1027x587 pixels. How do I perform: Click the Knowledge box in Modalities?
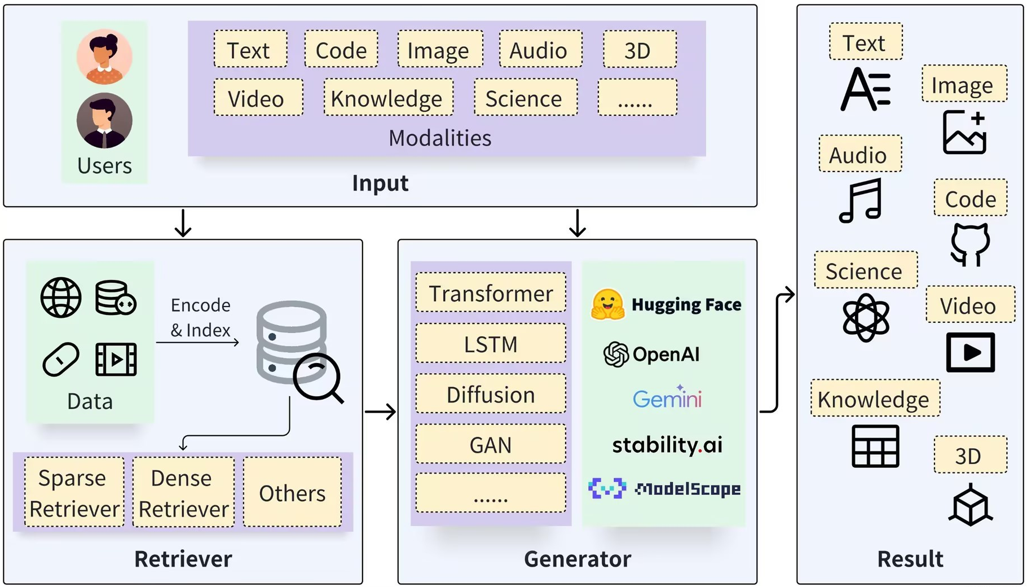[389, 98]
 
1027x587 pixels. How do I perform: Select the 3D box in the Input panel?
[640, 50]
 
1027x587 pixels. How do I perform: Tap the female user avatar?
[104, 56]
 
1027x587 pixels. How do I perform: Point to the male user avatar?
[104, 121]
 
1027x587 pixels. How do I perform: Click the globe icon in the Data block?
[61, 297]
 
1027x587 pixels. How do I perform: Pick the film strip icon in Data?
[116, 359]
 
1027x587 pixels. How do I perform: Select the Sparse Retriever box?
[74, 492]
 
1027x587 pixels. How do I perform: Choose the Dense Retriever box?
[183, 492]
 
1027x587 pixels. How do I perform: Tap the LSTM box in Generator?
[491, 343]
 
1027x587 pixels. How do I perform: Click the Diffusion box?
[491, 393]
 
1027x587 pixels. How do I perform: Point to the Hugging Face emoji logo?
[607, 305]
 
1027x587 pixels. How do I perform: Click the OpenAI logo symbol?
[616, 354]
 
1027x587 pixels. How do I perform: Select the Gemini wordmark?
[667, 397]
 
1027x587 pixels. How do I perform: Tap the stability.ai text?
[667, 445]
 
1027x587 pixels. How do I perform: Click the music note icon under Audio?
[861, 201]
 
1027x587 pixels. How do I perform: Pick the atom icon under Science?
[866, 318]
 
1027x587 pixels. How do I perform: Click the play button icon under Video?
[970, 353]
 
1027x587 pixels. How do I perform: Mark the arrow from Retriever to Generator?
[381, 411]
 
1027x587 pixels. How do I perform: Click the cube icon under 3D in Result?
[970, 505]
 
